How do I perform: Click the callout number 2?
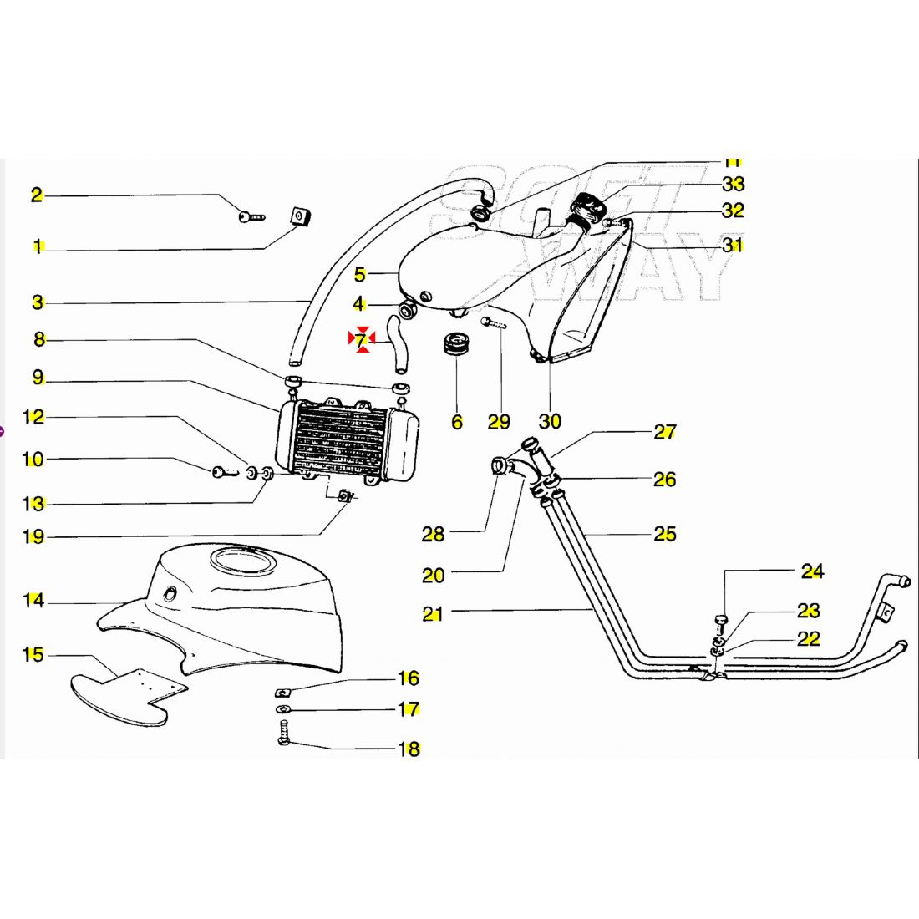tap(36, 195)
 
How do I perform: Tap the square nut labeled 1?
tap(299, 216)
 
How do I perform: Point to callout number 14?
tap(33, 600)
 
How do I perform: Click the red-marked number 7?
tap(361, 339)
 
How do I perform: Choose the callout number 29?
tap(499, 421)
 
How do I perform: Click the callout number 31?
tap(733, 245)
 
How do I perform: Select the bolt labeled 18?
tap(282, 739)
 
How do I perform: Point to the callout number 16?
tap(408, 678)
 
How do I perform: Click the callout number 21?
tap(433, 614)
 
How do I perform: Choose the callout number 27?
tap(665, 432)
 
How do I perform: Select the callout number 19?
tap(33, 536)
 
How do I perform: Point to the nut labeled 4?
tap(409, 311)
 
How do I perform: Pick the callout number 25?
tap(665, 533)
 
